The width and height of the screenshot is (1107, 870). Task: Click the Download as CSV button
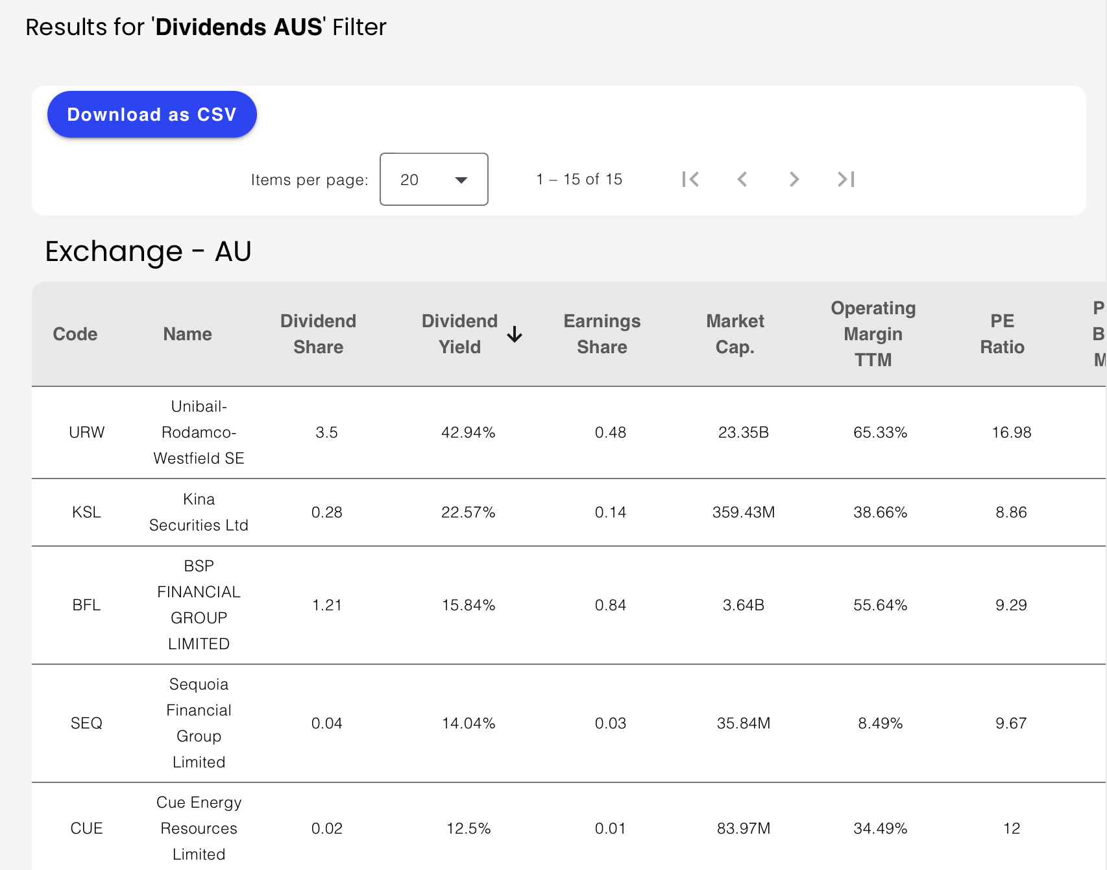pyautogui.click(x=152, y=114)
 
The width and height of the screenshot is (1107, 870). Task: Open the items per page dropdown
pyautogui.click(x=433, y=179)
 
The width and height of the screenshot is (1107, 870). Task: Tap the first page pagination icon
pyautogui.click(x=690, y=179)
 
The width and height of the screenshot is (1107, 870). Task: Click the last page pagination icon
pyautogui.click(x=845, y=179)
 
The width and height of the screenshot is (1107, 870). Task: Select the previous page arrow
pyautogui.click(x=742, y=179)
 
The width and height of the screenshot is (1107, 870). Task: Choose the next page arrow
pyautogui.click(x=794, y=179)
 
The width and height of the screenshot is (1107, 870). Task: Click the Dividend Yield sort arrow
pyautogui.click(x=515, y=334)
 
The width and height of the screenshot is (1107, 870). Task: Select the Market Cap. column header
pyautogui.click(x=735, y=334)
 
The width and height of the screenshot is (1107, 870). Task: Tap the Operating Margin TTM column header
pyautogui.click(x=873, y=334)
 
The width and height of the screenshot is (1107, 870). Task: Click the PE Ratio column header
pyautogui.click(x=1002, y=334)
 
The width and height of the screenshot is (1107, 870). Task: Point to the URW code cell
pyautogui.click(x=86, y=432)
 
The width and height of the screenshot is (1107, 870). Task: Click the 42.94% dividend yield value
pyautogui.click(x=468, y=432)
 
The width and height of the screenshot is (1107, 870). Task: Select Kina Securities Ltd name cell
pyautogui.click(x=199, y=512)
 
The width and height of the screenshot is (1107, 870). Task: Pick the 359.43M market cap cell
pyautogui.click(x=743, y=512)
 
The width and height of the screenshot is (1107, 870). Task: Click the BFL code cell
pyautogui.click(x=86, y=605)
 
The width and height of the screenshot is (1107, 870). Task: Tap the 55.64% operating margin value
pyautogui.click(x=880, y=605)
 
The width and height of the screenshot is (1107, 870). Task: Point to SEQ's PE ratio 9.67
pyautogui.click(x=1011, y=723)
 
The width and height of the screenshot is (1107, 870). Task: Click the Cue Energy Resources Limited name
pyautogui.click(x=199, y=828)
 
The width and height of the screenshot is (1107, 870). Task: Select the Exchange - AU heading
pyautogui.click(x=148, y=251)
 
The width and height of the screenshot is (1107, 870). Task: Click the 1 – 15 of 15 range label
pyautogui.click(x=579, y=179)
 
